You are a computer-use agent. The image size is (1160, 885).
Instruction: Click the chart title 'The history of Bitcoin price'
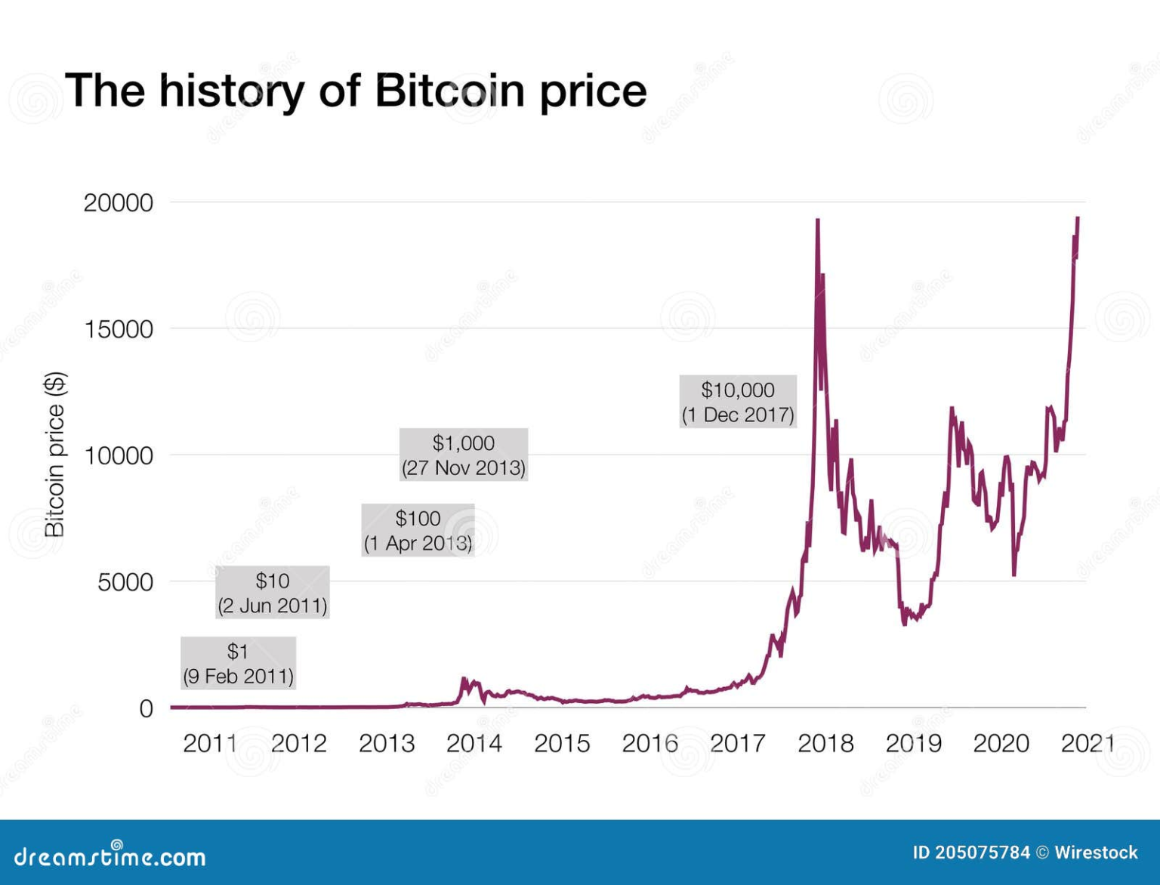click(x=356, y=91)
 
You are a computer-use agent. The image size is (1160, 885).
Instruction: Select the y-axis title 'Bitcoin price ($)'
click(x=55, y=454)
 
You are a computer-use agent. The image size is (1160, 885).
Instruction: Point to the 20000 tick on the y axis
click(x=118, y=202)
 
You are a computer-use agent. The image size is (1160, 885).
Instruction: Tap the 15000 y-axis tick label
click(x=118, y=329)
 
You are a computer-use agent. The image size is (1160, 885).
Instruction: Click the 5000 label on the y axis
click(x=125, y=582)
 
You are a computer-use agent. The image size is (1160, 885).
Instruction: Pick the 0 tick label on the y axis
click(x=146, y=708)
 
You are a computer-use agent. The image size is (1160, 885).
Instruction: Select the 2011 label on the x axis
click(x=211, y=744)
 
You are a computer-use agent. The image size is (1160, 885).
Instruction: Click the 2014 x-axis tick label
click(x=474, y=744)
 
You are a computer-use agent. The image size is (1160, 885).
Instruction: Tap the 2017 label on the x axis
click(x=737, y=744)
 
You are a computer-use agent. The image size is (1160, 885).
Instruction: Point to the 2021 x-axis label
click(x=1087, y=744)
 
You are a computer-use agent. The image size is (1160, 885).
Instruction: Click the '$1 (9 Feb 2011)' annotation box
click(x=238, y=663)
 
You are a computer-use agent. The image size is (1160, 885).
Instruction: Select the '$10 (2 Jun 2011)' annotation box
click(x=272, y=592)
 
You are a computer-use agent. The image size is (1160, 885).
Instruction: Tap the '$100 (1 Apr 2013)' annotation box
click(x=418, y=530)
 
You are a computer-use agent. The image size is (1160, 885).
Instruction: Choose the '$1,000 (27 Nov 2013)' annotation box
click(x=463, y=455)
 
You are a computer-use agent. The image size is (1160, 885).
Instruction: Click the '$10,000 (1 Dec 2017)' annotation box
click(x=738, y=402)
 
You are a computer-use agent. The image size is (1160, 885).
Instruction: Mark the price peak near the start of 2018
click(x=817, y=221)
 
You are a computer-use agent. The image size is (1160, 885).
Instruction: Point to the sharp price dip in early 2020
click(x=1013, y=574)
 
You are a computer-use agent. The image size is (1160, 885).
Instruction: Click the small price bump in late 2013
click(x=464, y=680)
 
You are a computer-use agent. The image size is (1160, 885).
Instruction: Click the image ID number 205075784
click(x=982, y=853)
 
